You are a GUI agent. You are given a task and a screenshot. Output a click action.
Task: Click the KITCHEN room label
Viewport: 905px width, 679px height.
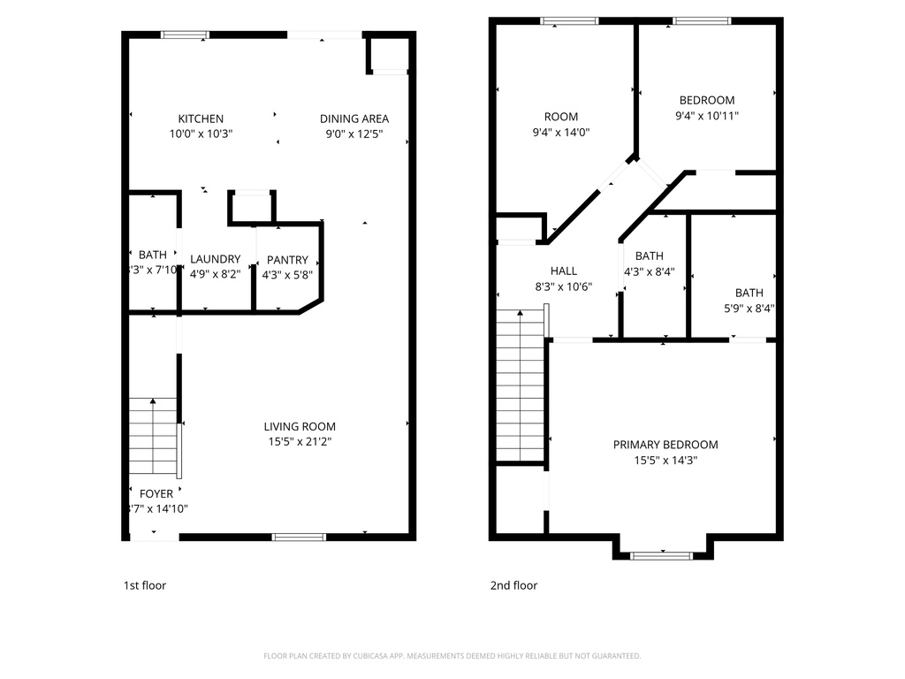pyautogui.click(x=201, y=118)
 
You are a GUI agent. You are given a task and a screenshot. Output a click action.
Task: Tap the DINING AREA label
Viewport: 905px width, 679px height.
pyautogui.click(x=354, y=118)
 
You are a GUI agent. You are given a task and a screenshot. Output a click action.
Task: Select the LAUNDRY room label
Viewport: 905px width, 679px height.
pyautogui.click(x=215, y=259)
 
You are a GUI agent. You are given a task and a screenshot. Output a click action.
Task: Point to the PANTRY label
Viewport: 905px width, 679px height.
pyautogui.click(x=288, y=260)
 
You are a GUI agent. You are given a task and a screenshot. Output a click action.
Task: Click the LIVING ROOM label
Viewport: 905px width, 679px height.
pyautogui.click(x=300, y=426)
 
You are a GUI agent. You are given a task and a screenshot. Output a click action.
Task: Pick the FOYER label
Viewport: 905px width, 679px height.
pyautogui.click(x=157, y=493)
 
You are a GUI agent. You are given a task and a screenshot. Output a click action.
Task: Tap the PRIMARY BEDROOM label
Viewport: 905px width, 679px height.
pyautogui.click(x=665, y=445)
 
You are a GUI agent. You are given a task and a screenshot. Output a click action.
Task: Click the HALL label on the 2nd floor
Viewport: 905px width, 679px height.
pyautogui.click(x=563, y=271)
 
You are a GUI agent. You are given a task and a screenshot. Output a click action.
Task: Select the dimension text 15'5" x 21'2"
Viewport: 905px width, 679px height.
pyautogui.click(x=300, y=441)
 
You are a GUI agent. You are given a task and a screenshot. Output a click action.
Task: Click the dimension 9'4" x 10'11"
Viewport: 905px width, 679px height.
pyautogui.click(x=707, y=115)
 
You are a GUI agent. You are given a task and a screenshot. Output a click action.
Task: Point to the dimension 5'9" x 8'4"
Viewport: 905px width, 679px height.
pyautogui.click(x=749, y=309)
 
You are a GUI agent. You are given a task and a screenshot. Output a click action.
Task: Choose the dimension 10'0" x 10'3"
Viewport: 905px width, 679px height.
pyautogui.click(x=201, y=134)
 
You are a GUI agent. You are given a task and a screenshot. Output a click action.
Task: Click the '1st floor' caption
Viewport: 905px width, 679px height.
pyautogui.click(x=144, y=585)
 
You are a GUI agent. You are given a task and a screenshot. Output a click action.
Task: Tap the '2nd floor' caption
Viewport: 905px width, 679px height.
pyautogui.click(x=513, y=585)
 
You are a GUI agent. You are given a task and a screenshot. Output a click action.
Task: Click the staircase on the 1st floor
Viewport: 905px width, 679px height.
pyautogui.click(x=153, y=438)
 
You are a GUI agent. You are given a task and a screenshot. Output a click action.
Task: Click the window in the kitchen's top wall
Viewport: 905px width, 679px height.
pyautogui.click(x=185, y=35)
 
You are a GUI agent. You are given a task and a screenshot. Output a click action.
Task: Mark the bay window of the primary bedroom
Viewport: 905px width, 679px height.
pyautogui.click(x=661, y=555)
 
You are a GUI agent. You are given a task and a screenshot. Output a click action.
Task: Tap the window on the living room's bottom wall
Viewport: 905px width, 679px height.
pyautogui.click(x=299, y=537)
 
